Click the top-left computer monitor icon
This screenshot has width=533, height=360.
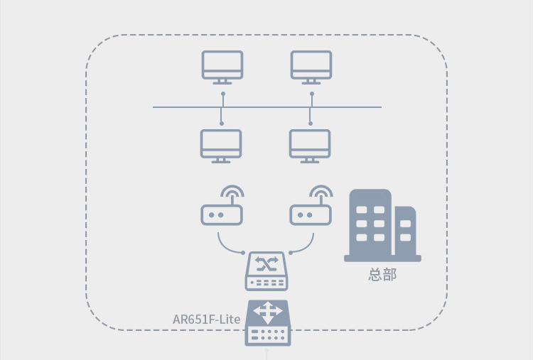point(222,67)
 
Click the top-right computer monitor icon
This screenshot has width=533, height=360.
point(311,67)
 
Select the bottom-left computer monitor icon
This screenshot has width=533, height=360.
point(221,146)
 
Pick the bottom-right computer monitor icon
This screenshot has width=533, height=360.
point(310,146)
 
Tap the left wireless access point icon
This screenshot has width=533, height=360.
point(222,214)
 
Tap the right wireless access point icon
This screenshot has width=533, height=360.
point(311,214)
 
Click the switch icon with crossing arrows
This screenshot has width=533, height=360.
point(266,271)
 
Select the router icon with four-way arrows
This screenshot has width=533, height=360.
point(268,322)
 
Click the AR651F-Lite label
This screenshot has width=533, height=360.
point(206,320)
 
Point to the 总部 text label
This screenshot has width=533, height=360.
point(382,274)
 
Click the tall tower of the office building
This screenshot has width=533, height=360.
point(370,222)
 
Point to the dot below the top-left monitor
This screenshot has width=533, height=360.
point(223,94)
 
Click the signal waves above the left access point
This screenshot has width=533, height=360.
point(232,191)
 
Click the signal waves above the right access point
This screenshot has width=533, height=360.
point(321,191)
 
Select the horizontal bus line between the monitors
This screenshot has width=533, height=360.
point(266,107)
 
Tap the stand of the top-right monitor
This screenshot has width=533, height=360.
point(311,82)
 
